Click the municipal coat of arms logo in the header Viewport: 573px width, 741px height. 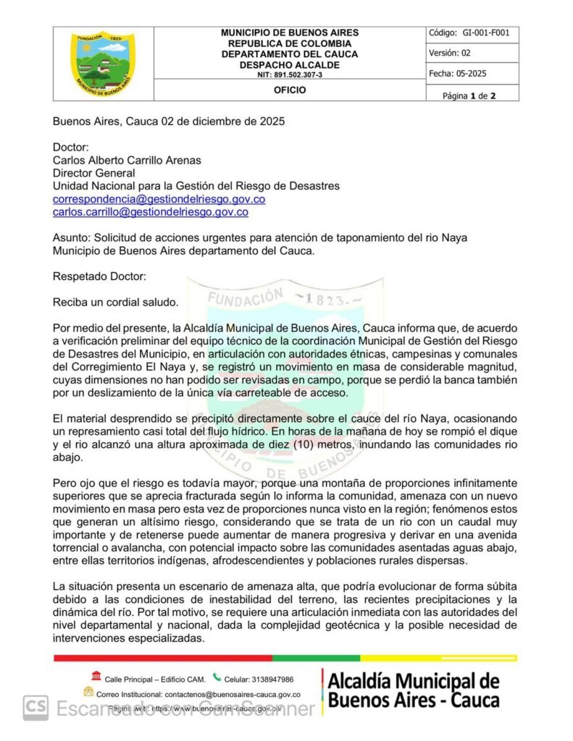[102, 63]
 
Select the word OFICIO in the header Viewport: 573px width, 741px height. [289, 90]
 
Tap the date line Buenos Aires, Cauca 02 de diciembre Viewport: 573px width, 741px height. [168, 122]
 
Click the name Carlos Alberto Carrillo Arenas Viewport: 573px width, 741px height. [127, 160]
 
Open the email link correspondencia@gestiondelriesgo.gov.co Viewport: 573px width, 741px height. [159, 199]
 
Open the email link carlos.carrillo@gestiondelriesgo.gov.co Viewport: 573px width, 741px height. [151, 212]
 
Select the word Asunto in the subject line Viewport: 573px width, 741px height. [70, 238]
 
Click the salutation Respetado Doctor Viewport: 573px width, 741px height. [99, 276]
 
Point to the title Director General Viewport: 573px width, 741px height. [93, 173]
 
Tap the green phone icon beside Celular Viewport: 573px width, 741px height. [217, 678]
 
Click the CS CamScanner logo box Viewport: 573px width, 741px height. [35, 707]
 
